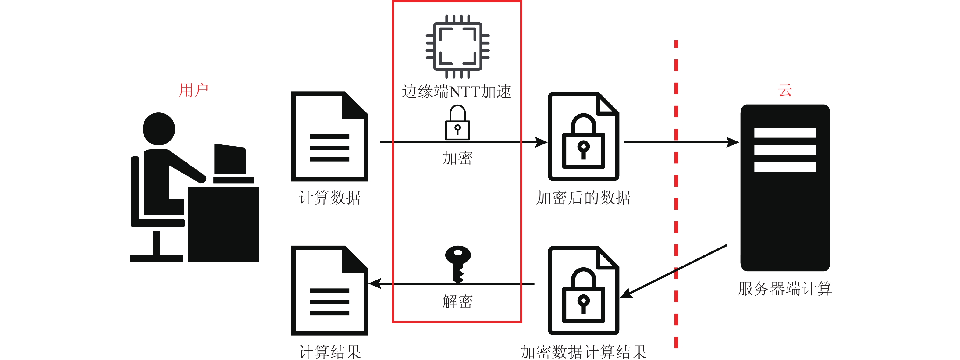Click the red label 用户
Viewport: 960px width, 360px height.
click(x=193, y=90)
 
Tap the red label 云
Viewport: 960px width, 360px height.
click(x=784, y=90)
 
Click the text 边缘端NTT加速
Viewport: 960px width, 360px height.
click(x=457, y=92)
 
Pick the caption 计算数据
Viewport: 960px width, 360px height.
click(x=329, y=198)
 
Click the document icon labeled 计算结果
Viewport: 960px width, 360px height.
click(x=329, y=291)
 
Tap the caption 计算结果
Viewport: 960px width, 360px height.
click(x=329, y=352)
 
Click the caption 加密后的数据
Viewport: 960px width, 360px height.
click(x=583, y=198)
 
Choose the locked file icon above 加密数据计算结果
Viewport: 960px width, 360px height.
click(x=583, y=291)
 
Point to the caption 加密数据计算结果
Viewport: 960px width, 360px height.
click(x=583, y=352)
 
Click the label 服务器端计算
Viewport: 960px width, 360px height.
click(x=785, y=289)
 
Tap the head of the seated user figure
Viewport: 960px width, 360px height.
click(x=159, y=129)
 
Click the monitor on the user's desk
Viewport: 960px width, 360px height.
click(x=230, y=159)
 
